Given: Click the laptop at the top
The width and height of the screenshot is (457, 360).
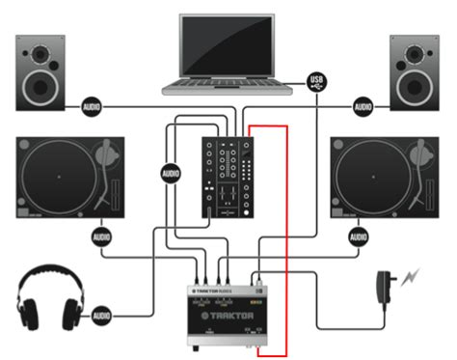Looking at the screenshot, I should [x=228, y=53].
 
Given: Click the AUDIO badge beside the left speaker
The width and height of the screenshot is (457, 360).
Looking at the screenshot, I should [x=93, y=104].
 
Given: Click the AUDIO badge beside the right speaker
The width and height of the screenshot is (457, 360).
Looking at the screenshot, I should [x=363, y=104].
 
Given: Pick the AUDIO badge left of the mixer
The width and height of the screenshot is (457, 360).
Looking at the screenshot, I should [x=171, y=174].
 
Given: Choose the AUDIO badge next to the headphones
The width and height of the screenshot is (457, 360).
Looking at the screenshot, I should [x=102, y=314].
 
